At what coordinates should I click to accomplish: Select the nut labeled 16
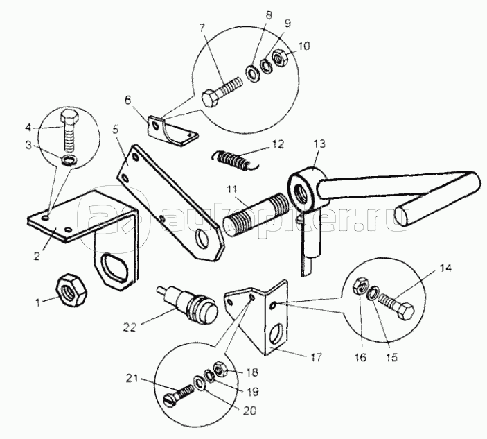point(361,286)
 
